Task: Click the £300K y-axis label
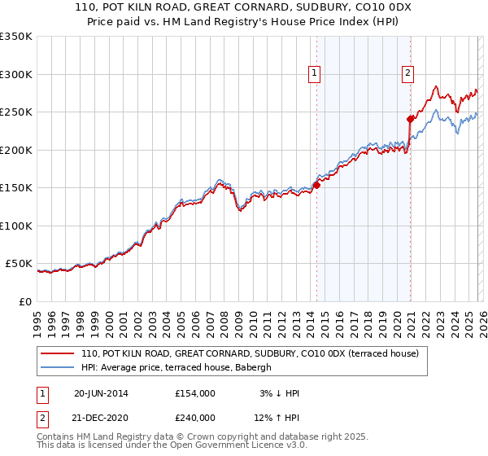click(16, 74)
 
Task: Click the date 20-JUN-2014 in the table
click(100, 393)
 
